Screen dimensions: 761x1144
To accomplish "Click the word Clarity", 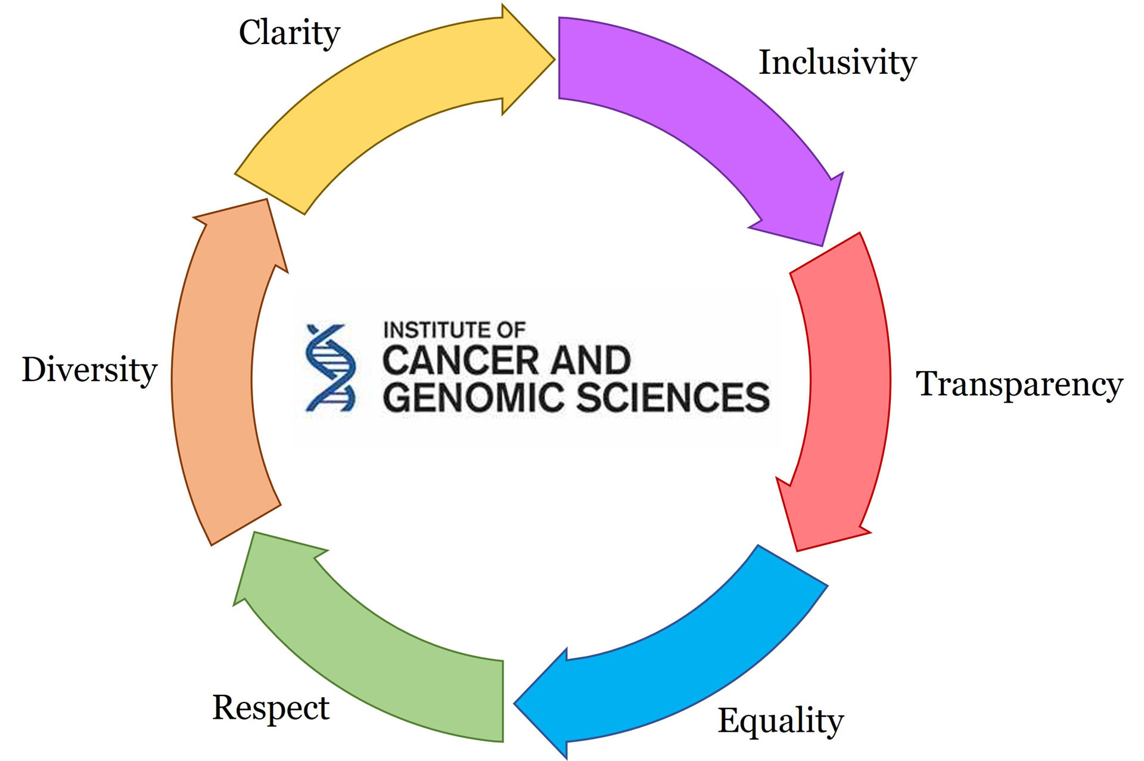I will point(290,33).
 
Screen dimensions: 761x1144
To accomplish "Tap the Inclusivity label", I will point(837,63).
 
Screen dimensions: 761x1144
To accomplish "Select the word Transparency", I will point(1019,384).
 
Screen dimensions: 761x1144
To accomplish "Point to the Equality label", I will point(781,721).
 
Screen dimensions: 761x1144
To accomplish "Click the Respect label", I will point(271,708).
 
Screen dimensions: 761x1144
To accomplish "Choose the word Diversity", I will point(89,370).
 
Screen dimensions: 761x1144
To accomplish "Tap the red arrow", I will point(846,388).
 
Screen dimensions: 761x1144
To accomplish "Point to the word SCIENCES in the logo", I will point(673,398).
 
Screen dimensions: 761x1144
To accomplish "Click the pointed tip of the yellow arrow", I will point(554,59).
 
